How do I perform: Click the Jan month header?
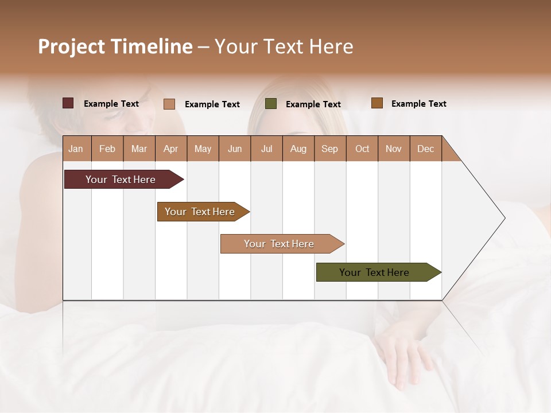[x=76, y=149]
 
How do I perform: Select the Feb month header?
[x=107, y=149]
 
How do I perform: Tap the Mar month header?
[x=139, y=149]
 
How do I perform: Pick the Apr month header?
[x=171, y=149]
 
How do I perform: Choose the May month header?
[x=203, y=149]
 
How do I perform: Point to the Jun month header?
[x=235, y=149]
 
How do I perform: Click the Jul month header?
[x=266, y=149]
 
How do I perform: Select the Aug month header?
[x=298, y=149]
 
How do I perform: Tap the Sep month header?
[x=330, y=149]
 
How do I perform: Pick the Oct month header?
[x=362, y=149]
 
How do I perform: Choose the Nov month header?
[x=394, y=149]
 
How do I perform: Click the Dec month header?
[x=426, y=149]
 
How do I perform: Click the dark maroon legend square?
[x=68, y=103]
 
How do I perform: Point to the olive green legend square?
[x=271, y=103]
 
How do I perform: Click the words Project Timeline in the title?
[x=115, y=46]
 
